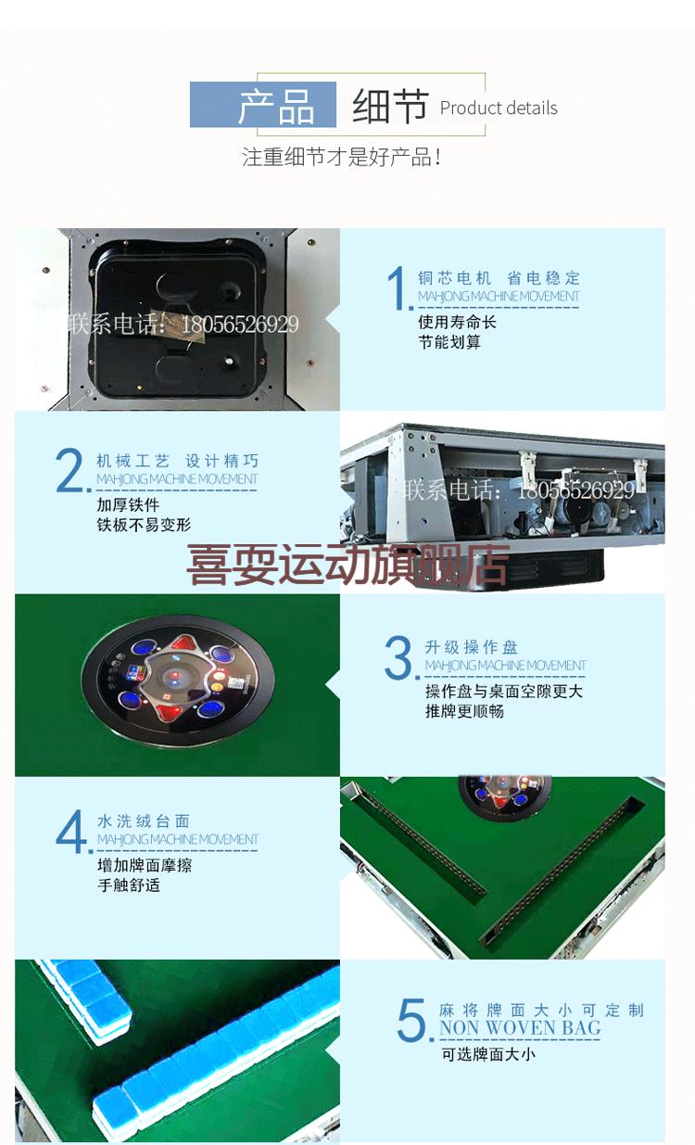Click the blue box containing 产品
263,105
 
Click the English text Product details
499,108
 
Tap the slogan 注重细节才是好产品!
341,157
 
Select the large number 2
71,472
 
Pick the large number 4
72,832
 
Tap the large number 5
412,1020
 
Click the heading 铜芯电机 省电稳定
499,277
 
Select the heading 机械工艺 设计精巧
177,461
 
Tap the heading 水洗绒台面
144,821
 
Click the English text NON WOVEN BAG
520,1028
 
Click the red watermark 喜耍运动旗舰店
348,565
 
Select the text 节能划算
449,342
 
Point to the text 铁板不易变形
144,525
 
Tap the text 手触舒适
129,884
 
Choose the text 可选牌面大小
487,1054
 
